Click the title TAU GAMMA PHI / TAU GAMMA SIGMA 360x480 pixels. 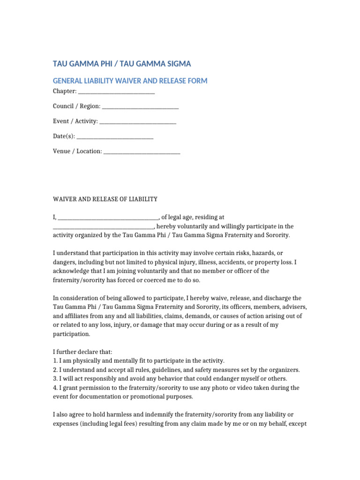tap(122, 64)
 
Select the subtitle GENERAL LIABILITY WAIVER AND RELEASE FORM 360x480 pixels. tap(130, 81)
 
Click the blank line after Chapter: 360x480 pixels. tap(116, 91)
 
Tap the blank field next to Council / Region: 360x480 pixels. tap(140, 106)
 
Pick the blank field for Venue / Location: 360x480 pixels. tap(142, 151)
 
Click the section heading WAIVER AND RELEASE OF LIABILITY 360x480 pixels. tap(105, 199)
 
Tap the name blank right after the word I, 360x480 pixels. tap(108, 217)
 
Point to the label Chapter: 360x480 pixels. tap(64, 91)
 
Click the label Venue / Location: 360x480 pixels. tap(77, 151)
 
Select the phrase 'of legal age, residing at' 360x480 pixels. tap(193, 217)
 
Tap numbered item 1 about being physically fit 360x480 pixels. tap(139, 361)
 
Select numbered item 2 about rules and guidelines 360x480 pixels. tap(176, 370)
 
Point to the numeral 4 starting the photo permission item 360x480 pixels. tap(55, 388)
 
